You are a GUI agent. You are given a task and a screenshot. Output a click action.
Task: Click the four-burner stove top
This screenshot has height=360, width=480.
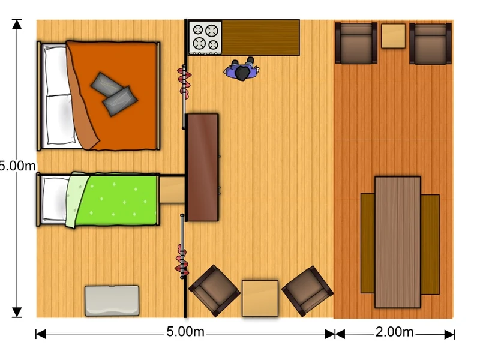pyautogui.click(x=205, y=38)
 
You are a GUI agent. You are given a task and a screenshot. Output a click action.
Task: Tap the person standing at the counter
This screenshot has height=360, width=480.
pyautogui.click(x=242, y=70)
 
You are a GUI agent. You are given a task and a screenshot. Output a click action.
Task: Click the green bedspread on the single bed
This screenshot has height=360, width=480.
pyautogui.click(x=116, y=200)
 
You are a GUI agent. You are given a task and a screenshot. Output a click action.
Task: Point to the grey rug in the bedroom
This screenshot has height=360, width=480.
pyautogui.click(x=112, y=301)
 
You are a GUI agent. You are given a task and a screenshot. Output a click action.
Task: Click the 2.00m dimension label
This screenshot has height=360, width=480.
pyautogui.click(x=394, y=332)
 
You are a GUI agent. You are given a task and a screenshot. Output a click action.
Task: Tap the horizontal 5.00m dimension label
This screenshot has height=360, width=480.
pyautogui.click(x=185, y=332)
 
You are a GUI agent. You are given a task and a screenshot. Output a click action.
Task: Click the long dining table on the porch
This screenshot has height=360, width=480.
pyautogui.click(x=397, y=242)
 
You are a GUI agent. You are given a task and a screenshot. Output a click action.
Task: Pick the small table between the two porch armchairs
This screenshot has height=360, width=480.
pyautogui.click(x=393, y=36)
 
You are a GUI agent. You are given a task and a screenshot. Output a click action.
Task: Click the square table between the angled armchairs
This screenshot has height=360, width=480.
pyautogui.click(x=260, y=298)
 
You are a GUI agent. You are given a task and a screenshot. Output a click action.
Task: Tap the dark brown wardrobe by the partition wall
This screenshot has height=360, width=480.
pyautogui.click(x=203, y=167)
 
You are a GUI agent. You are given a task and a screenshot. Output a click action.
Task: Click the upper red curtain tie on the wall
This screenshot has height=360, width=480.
pyautogui.click(x=184, y=82)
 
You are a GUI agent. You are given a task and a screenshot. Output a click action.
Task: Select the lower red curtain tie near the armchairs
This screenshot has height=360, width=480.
pyautogui.click(x=182, y=261)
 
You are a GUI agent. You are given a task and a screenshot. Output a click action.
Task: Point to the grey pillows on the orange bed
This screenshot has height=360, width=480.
pyautogui.click(x=114, y=94)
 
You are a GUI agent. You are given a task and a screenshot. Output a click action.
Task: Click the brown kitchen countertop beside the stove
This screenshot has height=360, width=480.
pyautogui.click(x=260, y=38)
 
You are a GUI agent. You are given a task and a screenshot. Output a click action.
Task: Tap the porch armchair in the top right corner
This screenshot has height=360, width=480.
pyautogui.click(x=430, y=43)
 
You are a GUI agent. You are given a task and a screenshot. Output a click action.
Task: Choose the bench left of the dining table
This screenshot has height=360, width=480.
pyautogui.click(x=368, y=244)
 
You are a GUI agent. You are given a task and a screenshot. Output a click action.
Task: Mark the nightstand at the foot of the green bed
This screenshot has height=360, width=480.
pyautogui.click(x=172, y=190)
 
